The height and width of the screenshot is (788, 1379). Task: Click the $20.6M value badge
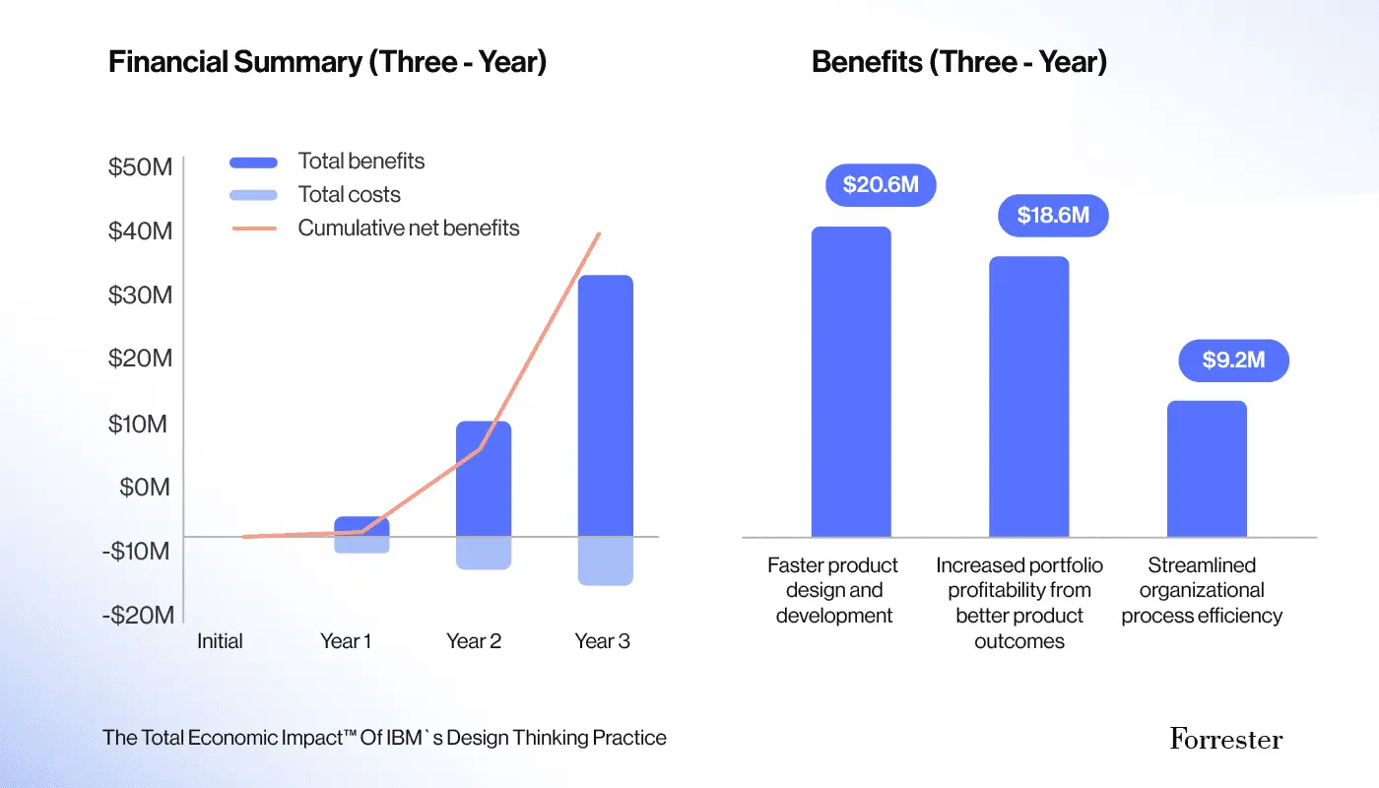pos(880,185)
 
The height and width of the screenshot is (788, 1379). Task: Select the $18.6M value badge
pos(1053,216)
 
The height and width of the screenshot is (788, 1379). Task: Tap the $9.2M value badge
pos(1233,361)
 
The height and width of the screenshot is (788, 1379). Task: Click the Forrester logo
pos(1226,739)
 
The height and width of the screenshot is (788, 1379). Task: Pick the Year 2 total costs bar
pos(483,553)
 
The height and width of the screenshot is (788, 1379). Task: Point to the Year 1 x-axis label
pos(346,641)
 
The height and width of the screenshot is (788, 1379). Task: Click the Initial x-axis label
pos(220,641)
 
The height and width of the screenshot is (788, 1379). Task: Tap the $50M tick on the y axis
pos(140,167)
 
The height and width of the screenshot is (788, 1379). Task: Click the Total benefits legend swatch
pos(253,163)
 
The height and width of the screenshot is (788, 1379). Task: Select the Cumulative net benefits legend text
pos(409,229)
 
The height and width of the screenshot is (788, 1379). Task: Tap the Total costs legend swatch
pos(253,195)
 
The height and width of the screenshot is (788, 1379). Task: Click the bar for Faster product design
pos(851,382)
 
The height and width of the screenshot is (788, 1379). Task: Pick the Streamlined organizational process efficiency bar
pos(1207,469)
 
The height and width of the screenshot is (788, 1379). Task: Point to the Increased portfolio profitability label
pos(1019,603)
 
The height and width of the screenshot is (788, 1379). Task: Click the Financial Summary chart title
pos(327,62)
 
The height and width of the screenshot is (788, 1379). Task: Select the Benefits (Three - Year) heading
pos(958,62)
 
